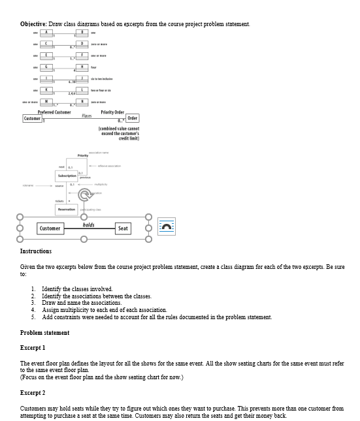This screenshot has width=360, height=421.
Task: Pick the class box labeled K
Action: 46,89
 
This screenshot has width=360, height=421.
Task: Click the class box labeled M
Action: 46,101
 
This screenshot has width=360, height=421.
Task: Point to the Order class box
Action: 133,119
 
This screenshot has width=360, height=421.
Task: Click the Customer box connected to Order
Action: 33,119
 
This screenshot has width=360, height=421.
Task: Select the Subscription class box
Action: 67,176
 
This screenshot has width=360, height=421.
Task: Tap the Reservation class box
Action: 67,209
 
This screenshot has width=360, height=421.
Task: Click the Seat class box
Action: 123,228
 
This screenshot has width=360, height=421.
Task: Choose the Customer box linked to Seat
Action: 50,228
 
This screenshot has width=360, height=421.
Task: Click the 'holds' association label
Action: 88,225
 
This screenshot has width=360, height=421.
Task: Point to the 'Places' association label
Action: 86,116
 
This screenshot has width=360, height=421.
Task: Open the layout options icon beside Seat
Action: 167,226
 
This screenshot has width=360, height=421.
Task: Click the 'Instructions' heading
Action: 36,251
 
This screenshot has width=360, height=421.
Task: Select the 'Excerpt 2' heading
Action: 33,392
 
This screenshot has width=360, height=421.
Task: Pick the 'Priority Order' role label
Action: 112,112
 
